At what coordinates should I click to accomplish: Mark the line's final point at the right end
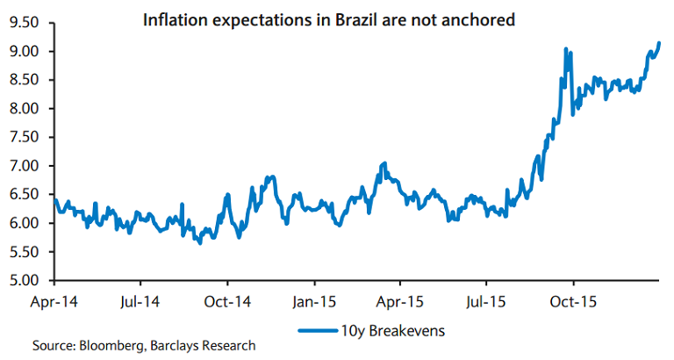[659, 43]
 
